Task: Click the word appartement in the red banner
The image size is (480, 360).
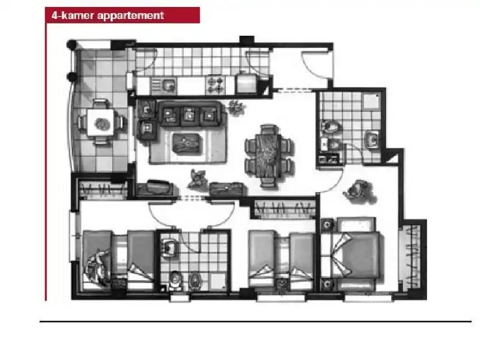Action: point(131,16)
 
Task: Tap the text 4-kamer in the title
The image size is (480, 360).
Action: point(73,15)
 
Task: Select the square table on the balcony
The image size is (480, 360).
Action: point(101,123)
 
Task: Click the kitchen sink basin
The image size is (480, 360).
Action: point(169,85)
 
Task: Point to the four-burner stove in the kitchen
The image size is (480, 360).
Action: point(216,85)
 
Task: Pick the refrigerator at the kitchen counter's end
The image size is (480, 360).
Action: point(247,83)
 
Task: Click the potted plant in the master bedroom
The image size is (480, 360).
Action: point(359,191)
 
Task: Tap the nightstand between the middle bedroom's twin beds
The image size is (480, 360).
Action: point(282,284)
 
